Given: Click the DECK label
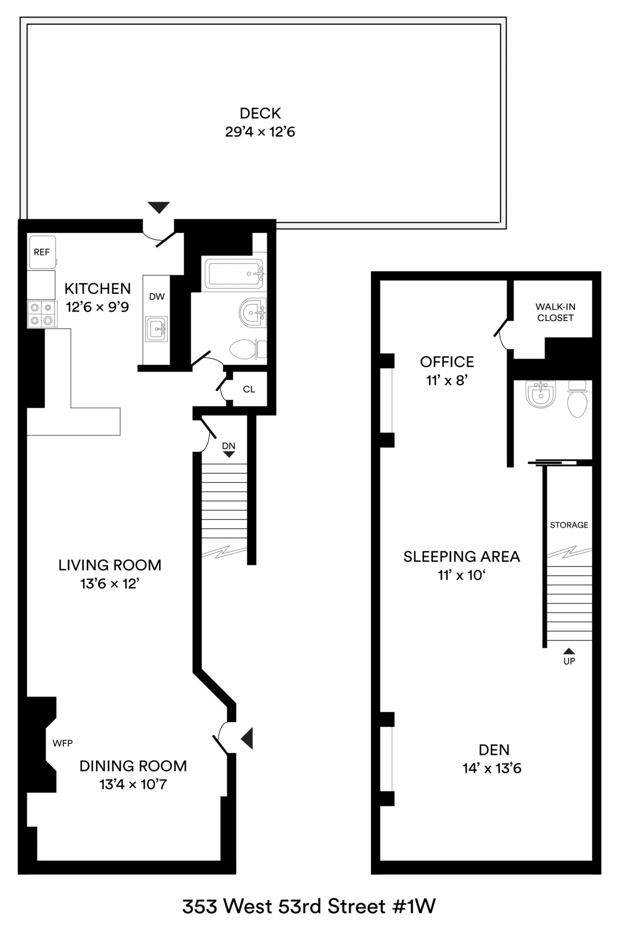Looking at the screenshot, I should coord(260,113).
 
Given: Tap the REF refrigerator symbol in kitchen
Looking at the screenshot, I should coord(42,252).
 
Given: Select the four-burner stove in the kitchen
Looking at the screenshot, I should coord(41,314).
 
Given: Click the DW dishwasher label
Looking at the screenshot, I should coord(157,296).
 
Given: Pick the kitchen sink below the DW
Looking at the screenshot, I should coord(156,329).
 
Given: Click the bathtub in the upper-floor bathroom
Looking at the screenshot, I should coord(234,273).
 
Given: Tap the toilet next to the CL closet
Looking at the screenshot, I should coord(248,349).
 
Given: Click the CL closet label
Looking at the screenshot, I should coord(249,390).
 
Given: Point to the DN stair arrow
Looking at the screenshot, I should coord(229,454).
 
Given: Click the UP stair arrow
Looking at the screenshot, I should coord(569,651).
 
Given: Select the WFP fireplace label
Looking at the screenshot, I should coord(62,743).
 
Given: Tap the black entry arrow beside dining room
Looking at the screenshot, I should coord(248,739).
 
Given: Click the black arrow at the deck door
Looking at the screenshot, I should coord(158,207).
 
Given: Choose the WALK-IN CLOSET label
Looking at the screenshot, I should coord(555,312).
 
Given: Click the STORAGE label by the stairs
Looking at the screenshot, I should coord(569,525).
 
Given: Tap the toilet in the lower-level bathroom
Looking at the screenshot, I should coord(577,399).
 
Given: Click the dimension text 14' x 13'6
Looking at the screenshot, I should coord(492,768).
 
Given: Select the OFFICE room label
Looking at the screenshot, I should coord(447,362).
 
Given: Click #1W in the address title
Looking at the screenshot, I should coord(414,906).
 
